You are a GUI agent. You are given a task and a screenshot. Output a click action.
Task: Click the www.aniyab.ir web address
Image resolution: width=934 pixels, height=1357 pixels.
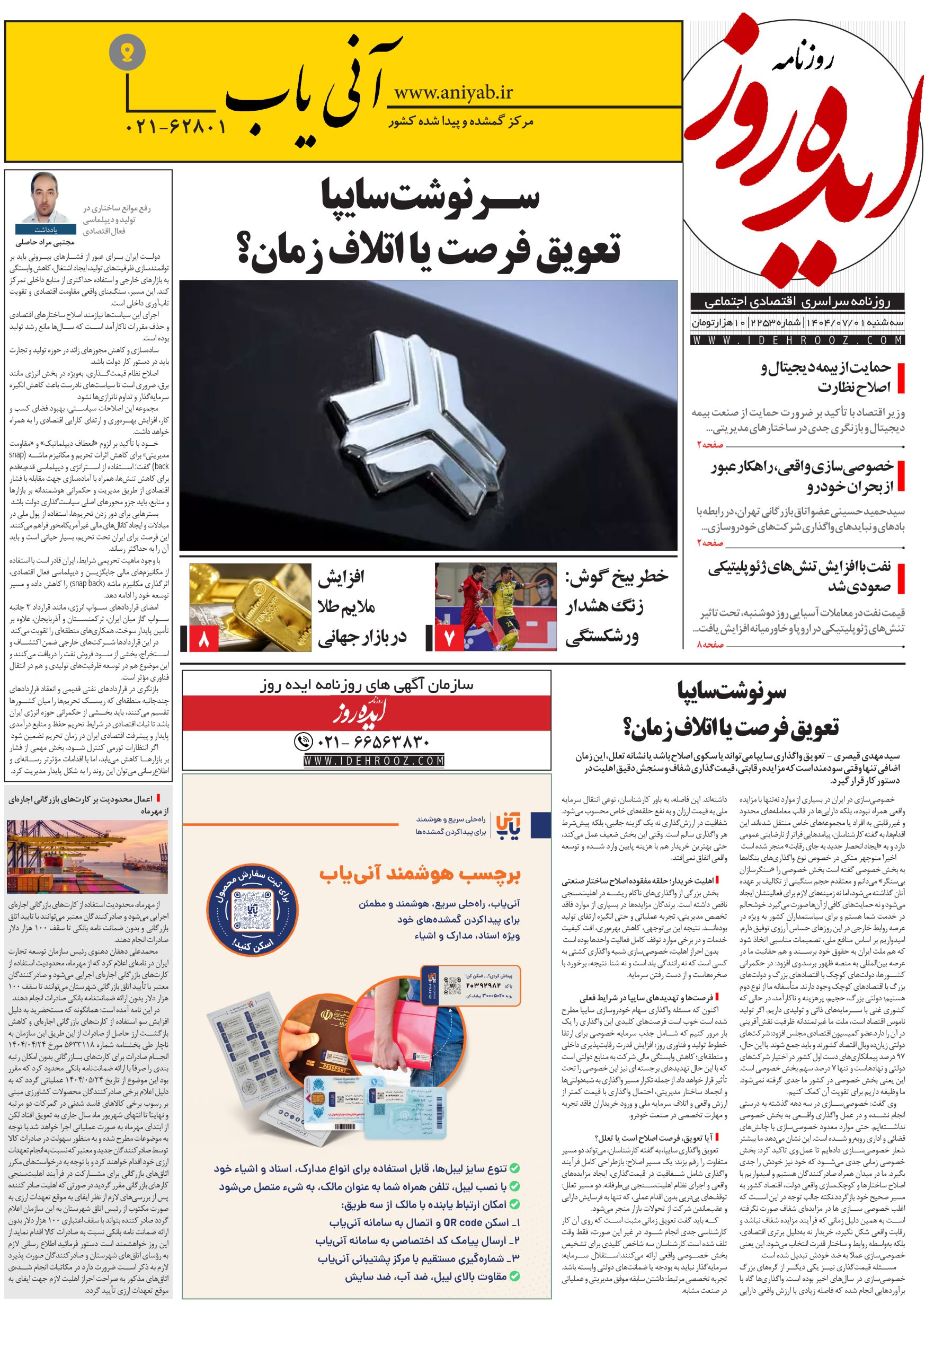(x=453, y=92)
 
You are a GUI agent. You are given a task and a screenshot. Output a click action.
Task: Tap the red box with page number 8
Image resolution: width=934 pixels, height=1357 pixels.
(x=203, y=638)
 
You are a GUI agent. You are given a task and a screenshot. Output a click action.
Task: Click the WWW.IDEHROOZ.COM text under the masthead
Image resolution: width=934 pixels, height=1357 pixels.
(x=797, y=340)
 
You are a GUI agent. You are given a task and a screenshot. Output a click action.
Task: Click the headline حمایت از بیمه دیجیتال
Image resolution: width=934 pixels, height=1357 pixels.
(x=825, y=368)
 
